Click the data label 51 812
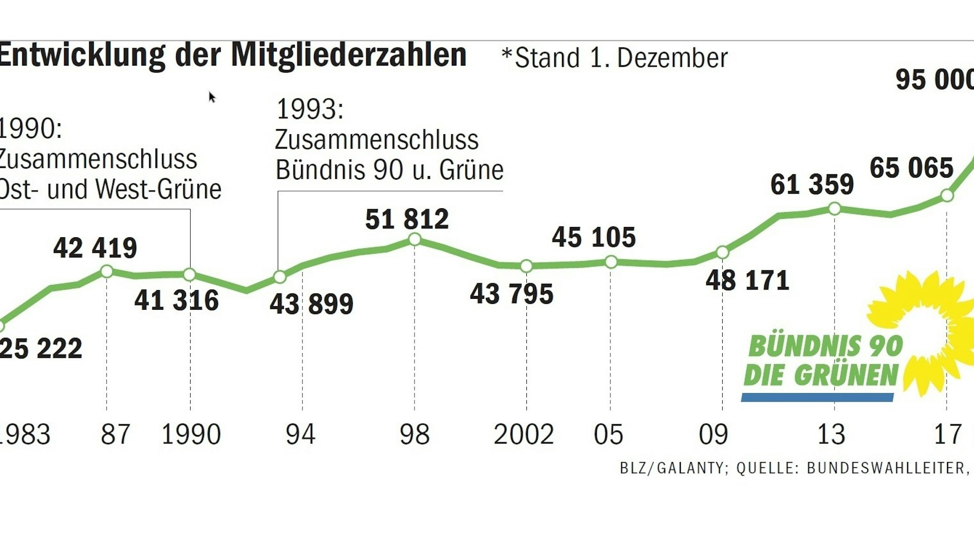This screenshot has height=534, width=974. click(407, 219)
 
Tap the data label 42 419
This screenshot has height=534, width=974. click(95, 248)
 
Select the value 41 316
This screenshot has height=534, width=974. click(177, 300)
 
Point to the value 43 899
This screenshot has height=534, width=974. click(311, 304)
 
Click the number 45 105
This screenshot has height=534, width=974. click(593, 237)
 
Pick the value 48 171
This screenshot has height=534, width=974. click(747, 281)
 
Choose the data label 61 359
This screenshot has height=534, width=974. click(812, 184)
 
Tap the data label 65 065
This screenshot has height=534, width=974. click(911, 168)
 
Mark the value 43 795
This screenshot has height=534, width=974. click(511, 294)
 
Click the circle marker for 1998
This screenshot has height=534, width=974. click(414, 239)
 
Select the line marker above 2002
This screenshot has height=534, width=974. click(526, 266)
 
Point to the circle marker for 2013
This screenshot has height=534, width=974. click(835, 209)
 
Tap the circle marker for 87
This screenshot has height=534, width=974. click(106, 271)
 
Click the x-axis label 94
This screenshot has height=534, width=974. click(300, 434)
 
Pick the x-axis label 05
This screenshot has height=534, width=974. click(608, 434)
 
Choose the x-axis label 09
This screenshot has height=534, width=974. click(713, 434)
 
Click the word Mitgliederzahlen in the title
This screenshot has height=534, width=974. click(349, 54)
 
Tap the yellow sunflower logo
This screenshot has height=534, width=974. click(927, 331)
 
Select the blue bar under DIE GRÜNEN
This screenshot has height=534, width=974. click(817, 397)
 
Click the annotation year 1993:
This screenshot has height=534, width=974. click(310, 109)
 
